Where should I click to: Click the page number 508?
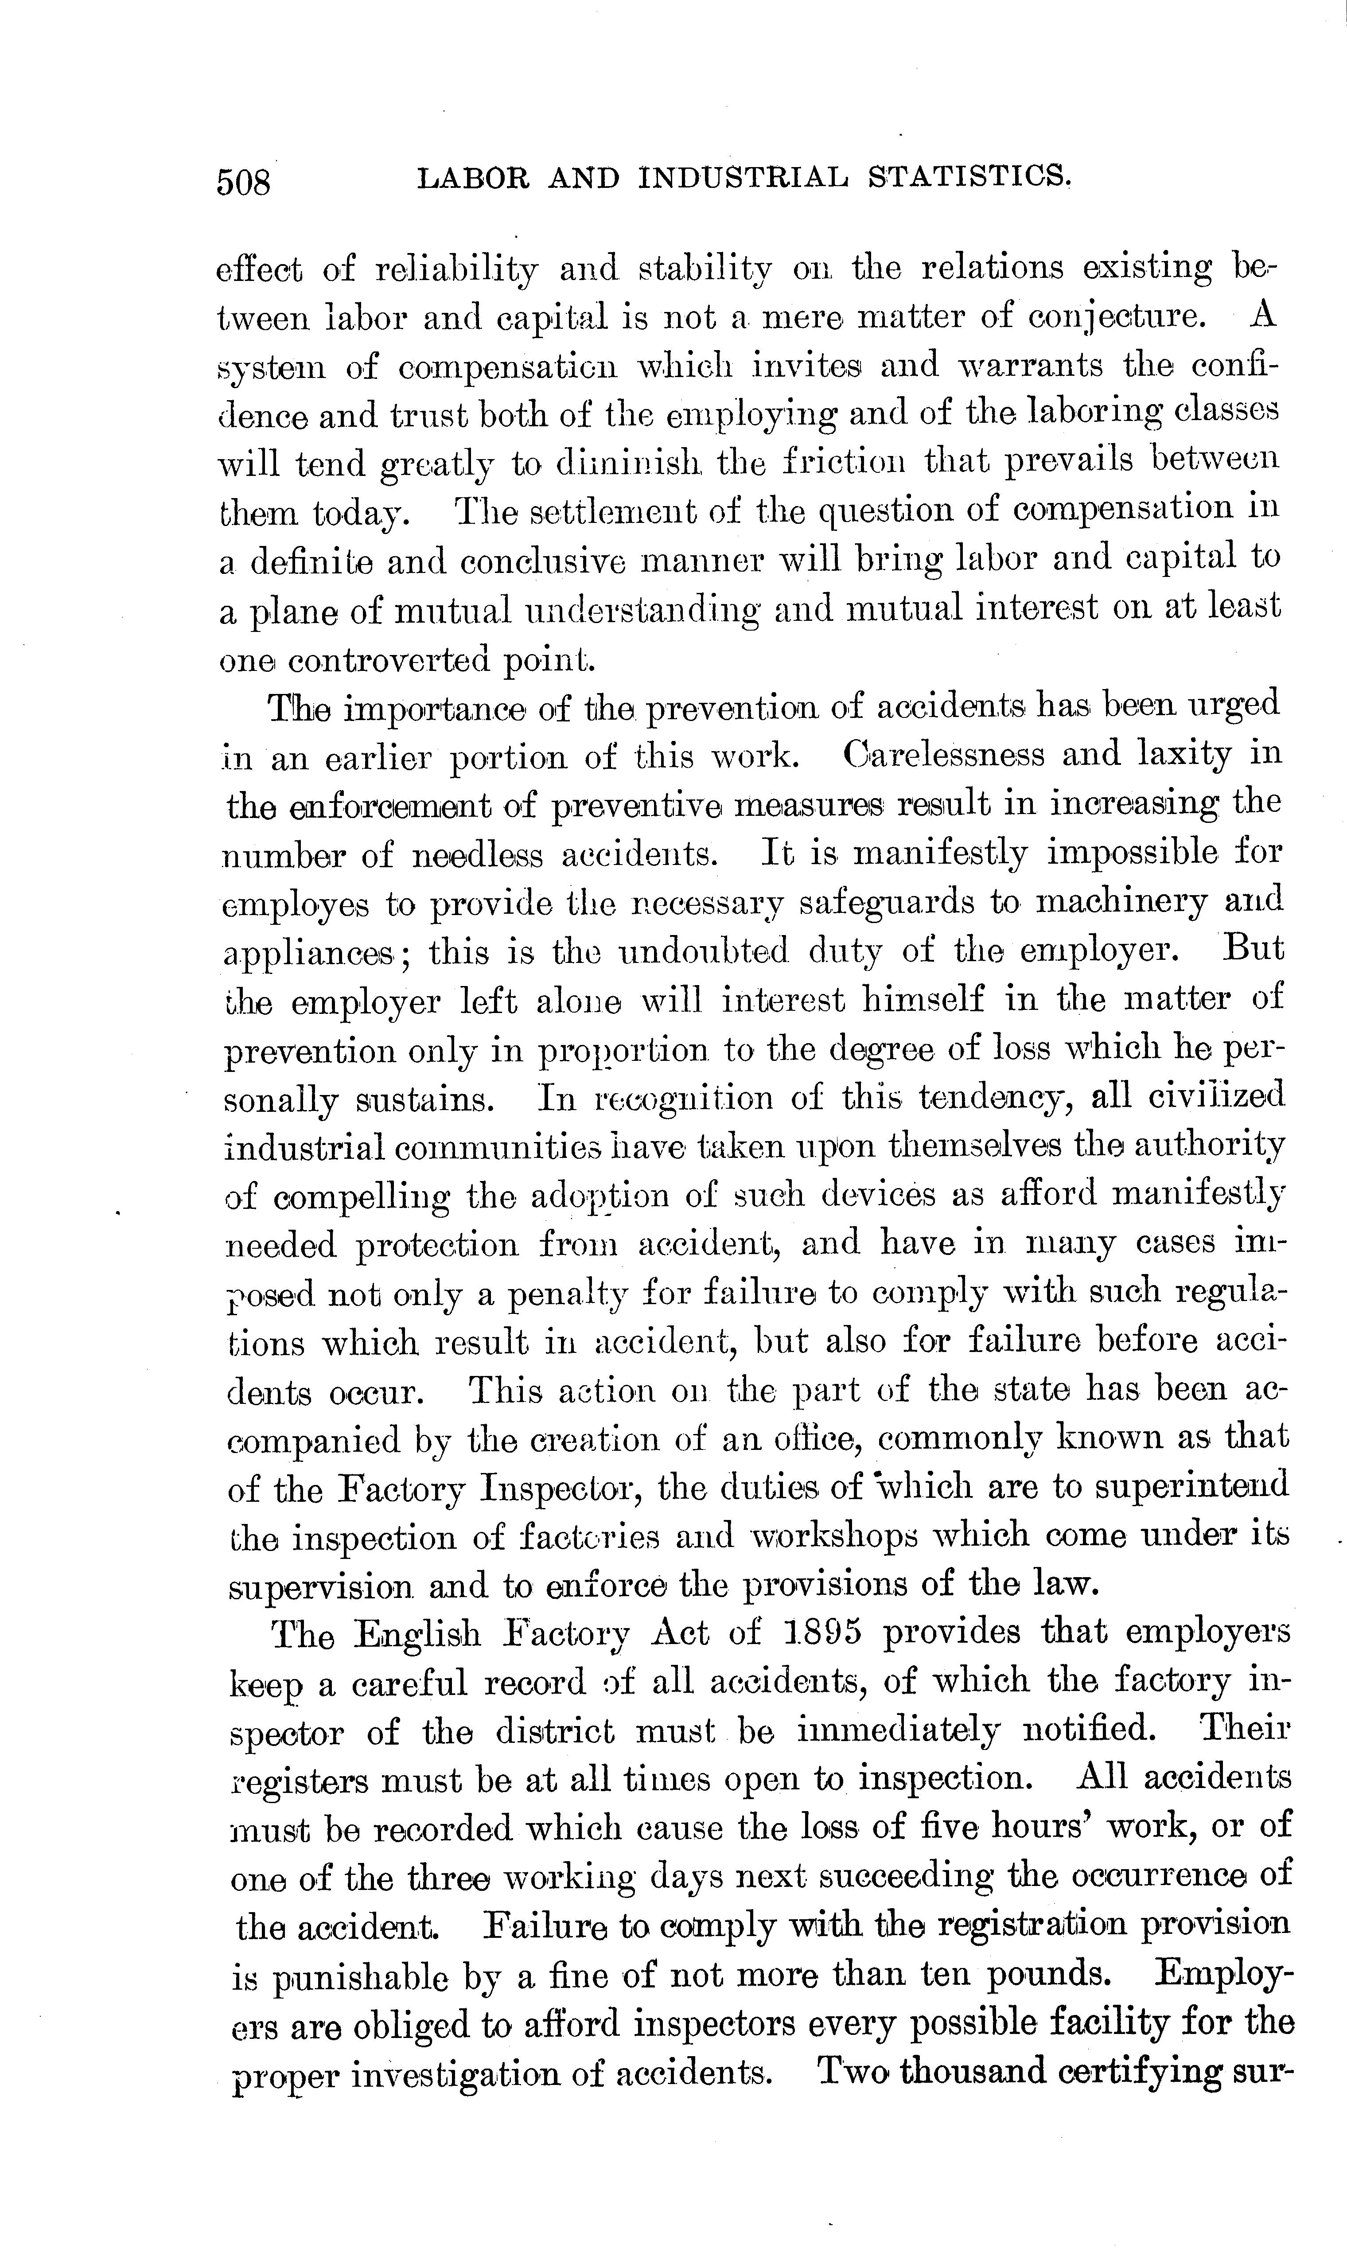243,183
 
